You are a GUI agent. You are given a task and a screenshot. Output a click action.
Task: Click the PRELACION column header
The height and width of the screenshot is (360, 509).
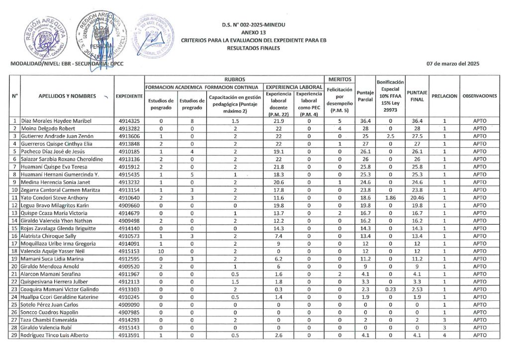point(444,96)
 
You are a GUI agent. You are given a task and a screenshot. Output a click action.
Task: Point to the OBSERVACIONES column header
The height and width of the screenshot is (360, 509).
point(479,96)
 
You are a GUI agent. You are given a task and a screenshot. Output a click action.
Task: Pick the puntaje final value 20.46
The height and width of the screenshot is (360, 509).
point(417,197)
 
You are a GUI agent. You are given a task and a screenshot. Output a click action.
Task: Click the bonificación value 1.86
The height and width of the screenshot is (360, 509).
point(390,197)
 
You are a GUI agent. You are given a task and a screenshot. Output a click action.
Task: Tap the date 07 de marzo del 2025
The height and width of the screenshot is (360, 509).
point(452,64)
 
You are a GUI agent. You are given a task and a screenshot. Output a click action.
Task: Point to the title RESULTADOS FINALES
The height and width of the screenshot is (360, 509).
point(254,48)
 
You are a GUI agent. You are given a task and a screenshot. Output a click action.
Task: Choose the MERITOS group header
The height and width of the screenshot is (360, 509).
point(339,79)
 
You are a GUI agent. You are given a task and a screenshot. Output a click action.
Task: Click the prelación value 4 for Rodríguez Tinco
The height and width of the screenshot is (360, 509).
point(444,335)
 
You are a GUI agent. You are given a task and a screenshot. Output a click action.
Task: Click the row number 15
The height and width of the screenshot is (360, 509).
point(15,228)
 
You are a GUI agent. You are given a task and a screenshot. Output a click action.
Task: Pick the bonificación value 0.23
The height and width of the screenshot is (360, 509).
point(390,289)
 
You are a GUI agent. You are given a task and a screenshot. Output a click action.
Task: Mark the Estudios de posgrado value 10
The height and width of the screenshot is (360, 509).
point(161,251)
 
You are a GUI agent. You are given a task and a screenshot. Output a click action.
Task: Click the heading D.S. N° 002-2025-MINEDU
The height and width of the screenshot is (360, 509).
point(254,24)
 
